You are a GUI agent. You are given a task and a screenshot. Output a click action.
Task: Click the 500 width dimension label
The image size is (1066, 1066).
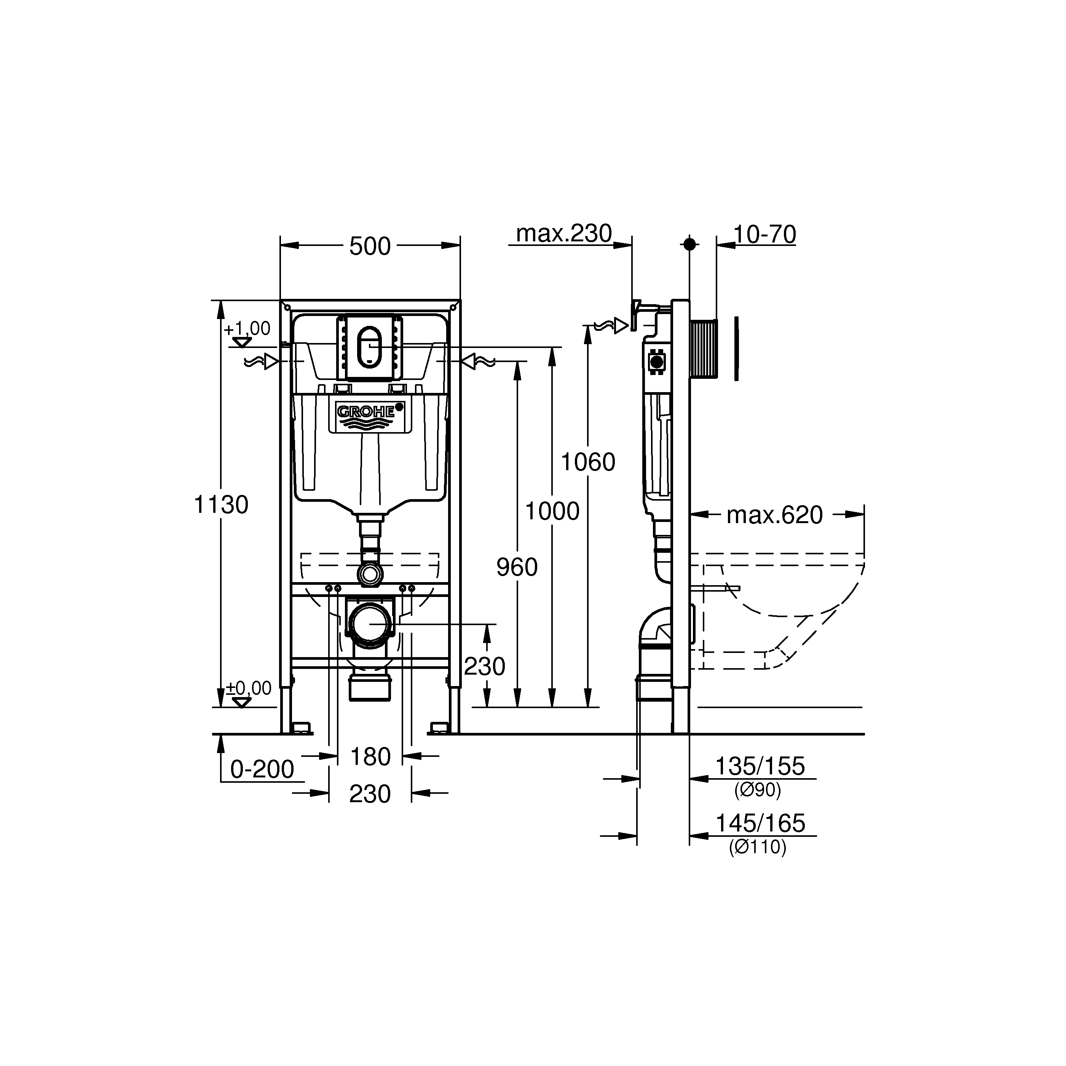coord(370,246)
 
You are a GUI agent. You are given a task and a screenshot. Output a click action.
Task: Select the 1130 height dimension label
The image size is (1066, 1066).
coord(221,504)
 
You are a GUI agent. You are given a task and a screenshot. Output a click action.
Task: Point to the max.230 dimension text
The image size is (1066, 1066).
coord(564,233)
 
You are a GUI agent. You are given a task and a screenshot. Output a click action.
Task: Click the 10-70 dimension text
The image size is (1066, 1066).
coord(765,235)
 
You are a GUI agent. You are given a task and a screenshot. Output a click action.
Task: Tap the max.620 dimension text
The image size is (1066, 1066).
coord(775,515)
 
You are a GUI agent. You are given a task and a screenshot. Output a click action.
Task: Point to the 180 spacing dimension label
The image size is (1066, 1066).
coord(370,756)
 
